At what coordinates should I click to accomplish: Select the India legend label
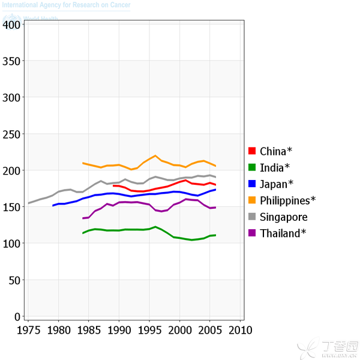(275, 167)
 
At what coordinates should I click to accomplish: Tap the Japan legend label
(277, 184)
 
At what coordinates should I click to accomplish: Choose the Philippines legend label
(287, 200)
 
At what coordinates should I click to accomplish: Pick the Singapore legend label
(284, 217)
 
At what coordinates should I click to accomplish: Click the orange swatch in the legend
(253, 200)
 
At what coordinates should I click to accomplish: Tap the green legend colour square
(253, 167)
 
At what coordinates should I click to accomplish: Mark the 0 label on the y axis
(18, 316)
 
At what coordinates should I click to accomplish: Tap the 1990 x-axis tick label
(119, 331)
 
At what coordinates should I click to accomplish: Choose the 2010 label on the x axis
(241, 331)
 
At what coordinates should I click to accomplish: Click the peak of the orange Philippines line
(155, 156)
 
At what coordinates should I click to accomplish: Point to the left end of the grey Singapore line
(28, 203)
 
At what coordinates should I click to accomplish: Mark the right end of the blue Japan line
(215, 190)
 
